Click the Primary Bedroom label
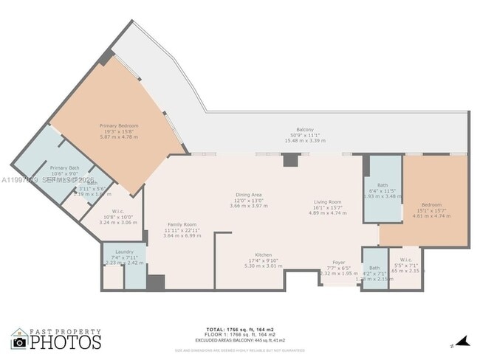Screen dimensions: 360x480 coord(118,126)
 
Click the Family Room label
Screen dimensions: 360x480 coord(182,224)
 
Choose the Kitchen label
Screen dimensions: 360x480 coord(264,255)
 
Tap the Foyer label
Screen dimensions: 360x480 coord(338,262)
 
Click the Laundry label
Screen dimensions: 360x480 coord(124,251)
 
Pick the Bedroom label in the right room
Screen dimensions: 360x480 coord(431,204)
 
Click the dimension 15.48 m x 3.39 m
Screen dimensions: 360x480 coord(305,141)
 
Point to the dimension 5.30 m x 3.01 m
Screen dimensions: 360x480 coord(264,266)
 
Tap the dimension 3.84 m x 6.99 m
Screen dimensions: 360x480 coord(182,235)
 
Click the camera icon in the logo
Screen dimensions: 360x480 coord(19,342)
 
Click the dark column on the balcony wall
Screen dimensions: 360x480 coord(290,160)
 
